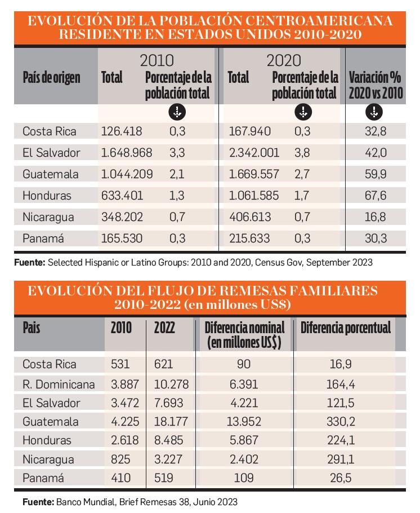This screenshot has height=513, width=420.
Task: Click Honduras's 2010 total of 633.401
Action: tap(122, 196)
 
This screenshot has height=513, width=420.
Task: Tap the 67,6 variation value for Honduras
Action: tap(375, 196)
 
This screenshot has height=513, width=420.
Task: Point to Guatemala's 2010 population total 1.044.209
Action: tap(127, 174)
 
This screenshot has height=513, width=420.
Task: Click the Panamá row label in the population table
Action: tap(42, 238)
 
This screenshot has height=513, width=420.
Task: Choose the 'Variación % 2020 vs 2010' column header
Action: tap(376, 85)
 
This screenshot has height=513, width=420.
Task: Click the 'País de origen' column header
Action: tap(51, 77)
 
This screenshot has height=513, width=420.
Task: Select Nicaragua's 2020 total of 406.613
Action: tap(249, 217)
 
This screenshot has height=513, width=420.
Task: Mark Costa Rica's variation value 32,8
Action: tap(375, 131)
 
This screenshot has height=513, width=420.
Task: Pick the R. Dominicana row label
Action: tap(59, 384)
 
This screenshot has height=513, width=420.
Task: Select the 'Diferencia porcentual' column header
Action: tap(345, 328)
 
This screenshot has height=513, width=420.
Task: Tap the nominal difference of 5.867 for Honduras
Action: tap(244, 440)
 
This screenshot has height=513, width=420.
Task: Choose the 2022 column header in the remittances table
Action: tap(164, 328)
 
